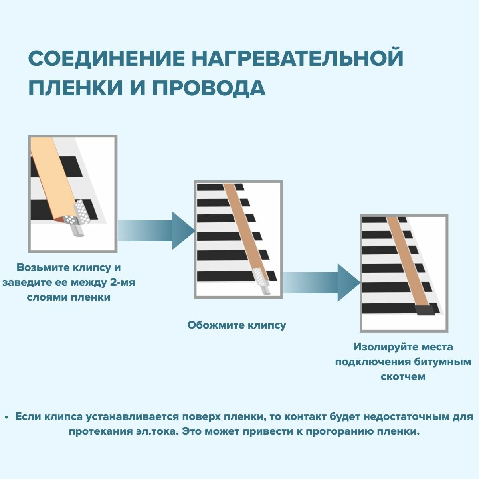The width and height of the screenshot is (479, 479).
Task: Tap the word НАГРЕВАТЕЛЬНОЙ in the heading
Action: (x=297, y=58)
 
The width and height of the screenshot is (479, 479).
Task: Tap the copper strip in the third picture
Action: (x=408, y=259)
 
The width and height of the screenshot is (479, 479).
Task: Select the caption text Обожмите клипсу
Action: (x=237, y=325)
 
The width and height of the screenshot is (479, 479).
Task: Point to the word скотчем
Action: (x=403, y=376)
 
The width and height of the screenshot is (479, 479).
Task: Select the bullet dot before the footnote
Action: (x=6, y=417)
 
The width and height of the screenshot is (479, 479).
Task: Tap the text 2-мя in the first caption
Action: (x=123, y=283)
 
